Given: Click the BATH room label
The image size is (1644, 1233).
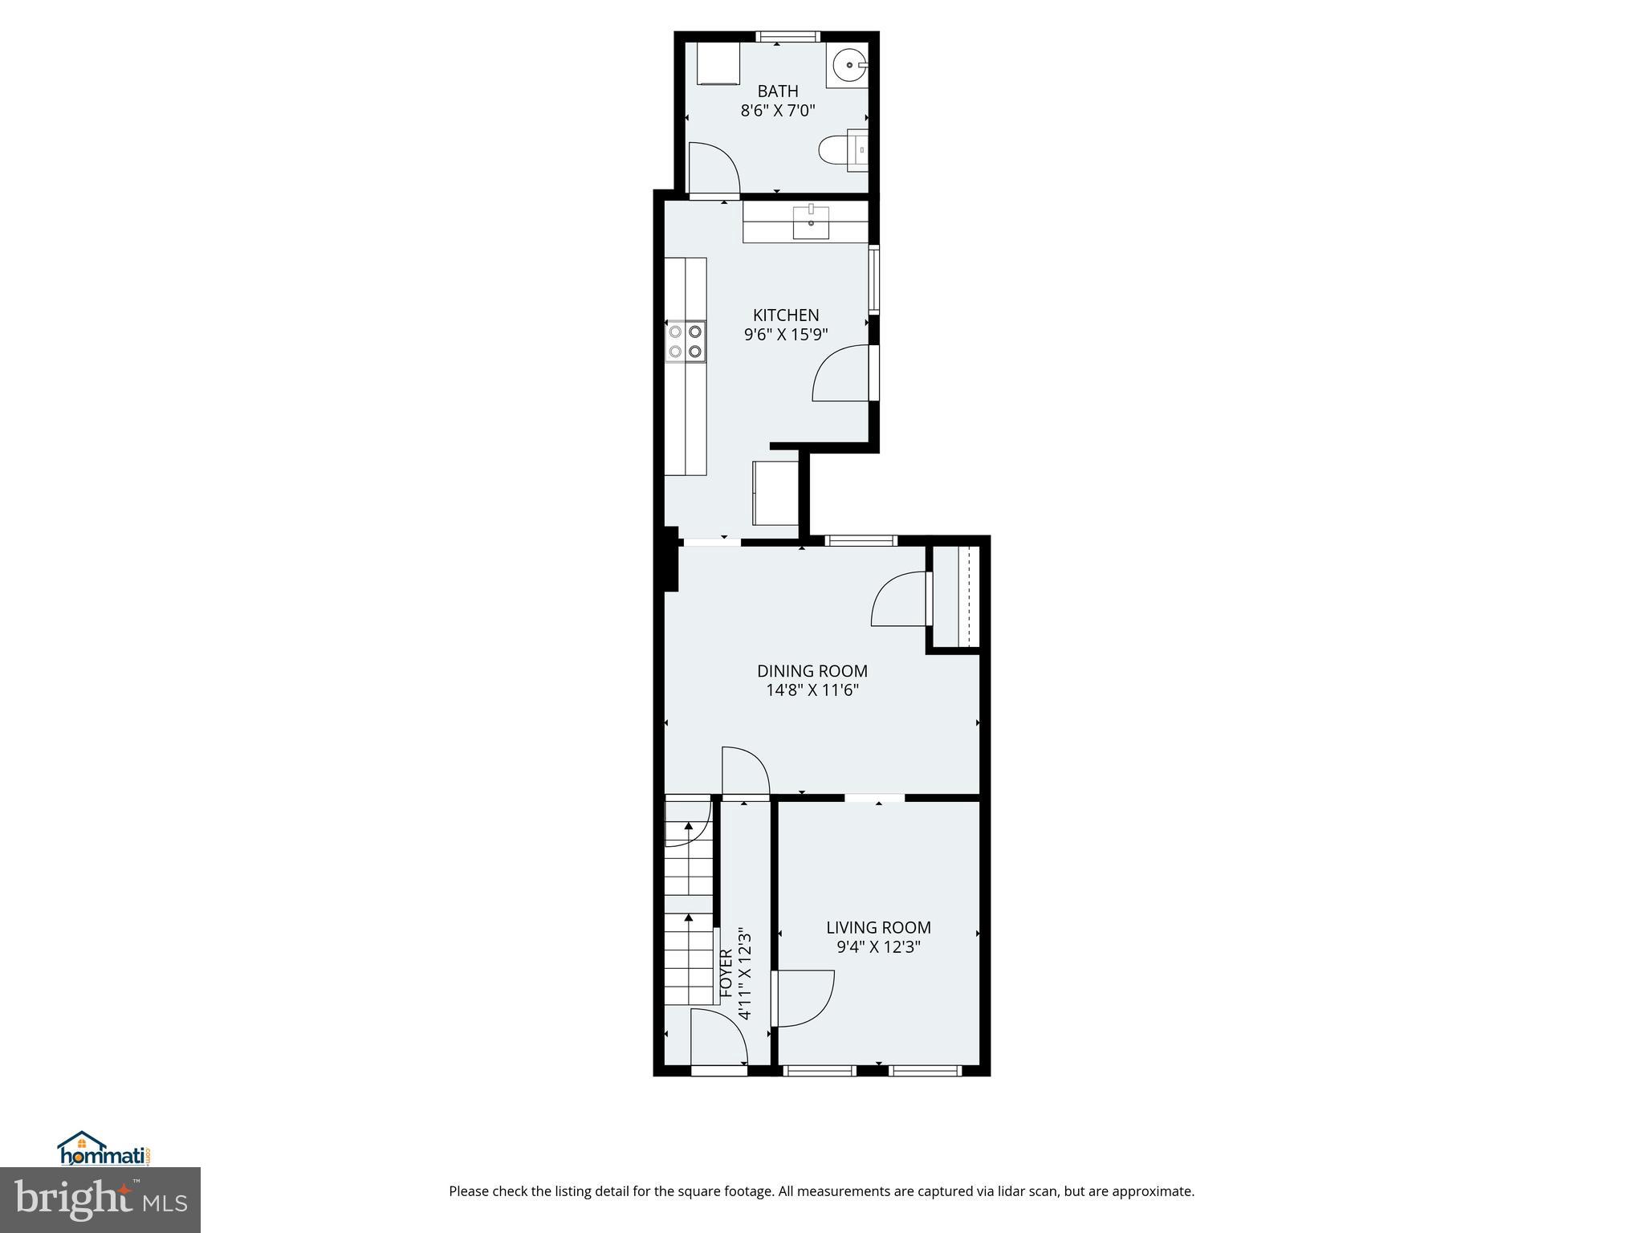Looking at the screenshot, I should [777, 92].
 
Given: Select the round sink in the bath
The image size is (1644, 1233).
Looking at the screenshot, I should [849, 65].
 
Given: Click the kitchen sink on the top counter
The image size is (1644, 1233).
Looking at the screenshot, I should [811, 222].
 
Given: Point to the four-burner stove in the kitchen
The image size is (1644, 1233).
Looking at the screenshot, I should [686, 341].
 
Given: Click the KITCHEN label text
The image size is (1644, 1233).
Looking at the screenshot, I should [786, 315].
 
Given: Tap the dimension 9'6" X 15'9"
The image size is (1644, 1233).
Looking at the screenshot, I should [786, 335].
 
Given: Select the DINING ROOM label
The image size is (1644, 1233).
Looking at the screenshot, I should [812, 671].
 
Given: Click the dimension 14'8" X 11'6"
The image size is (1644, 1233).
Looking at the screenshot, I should [812, 690].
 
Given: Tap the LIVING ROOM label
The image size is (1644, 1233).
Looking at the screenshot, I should [878, 928].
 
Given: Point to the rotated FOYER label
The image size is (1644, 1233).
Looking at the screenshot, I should [726, 974].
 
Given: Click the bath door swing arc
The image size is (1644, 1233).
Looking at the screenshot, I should [714, 169].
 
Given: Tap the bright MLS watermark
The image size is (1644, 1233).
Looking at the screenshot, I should [100, 1199].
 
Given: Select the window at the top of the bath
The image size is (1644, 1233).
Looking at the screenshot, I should [787, 36].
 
